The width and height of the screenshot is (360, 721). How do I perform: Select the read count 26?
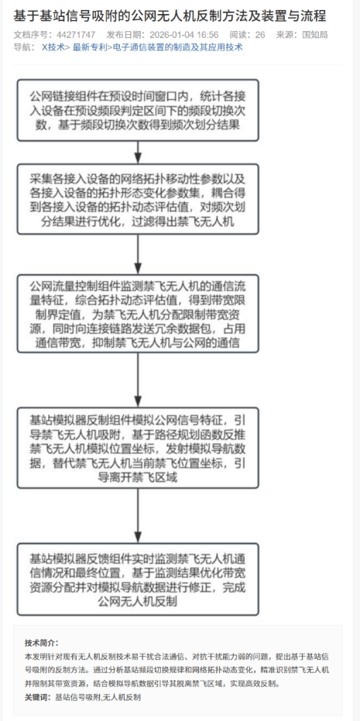pyautogui.click(x=260, y=35)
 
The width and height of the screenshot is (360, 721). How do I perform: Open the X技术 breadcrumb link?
pyautogui.click(x=53, y=47)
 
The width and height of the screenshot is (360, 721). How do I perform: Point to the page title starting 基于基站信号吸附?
pyautogui.click(x=170, y=16)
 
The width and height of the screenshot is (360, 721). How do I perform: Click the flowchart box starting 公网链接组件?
pyautogui.click(x=138, y=110)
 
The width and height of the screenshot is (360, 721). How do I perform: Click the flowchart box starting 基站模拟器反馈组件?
pyautogui.click(x=138, y=579)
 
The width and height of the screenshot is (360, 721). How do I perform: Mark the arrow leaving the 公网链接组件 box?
pyautogui.click(x=138, y=153)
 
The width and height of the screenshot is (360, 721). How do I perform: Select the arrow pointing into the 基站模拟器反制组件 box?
pyautogui.click(x=138, y=379)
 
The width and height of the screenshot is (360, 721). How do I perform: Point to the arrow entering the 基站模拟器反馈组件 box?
pyautogui.click(x=138, y=516)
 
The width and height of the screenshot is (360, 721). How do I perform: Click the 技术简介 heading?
pyautogui.click(x=41, y=642)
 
